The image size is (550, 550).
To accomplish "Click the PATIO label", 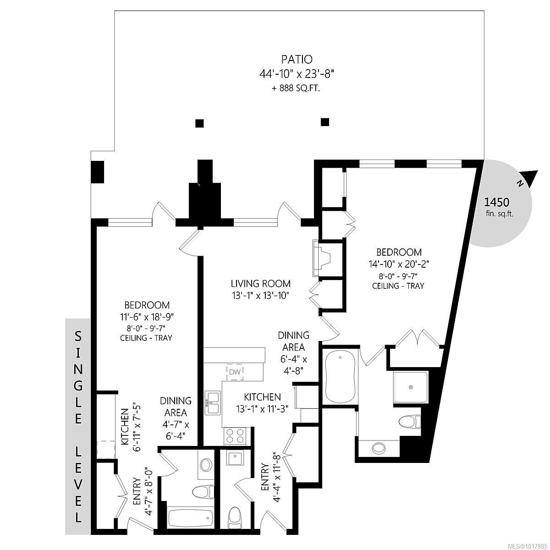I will [x=297, y=59].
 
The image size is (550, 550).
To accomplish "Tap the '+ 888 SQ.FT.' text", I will [x=297, y=88].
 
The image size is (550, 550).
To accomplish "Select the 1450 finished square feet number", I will [x=497, y=202].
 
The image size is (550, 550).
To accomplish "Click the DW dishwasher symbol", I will [x=235, y=372].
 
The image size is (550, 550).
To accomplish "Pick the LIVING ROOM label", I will [x=260, y=284].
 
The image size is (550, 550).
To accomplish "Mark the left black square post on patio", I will [x=199, y=123].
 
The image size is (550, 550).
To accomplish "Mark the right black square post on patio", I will [x=325, y=121].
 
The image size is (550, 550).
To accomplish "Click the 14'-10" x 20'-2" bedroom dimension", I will [x=399, y=264].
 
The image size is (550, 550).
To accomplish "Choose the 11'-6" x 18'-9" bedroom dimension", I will [x=147, y=316].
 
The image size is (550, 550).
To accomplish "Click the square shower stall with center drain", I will [x=411, y=387].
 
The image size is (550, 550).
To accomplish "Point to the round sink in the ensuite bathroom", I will [x=379, y=447].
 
